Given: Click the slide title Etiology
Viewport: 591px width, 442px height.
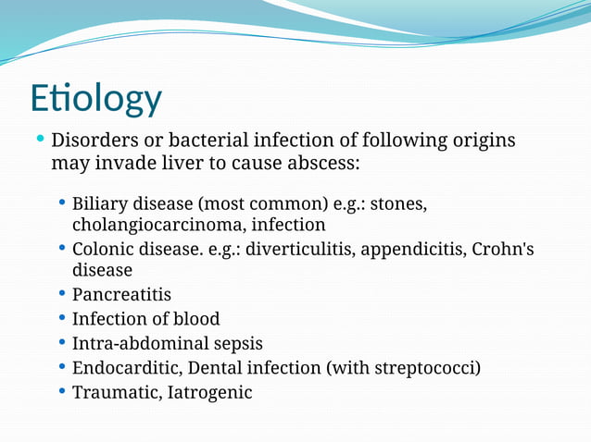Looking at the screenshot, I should tap(95, 99).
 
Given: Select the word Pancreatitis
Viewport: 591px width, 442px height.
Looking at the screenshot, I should tap(121, 295).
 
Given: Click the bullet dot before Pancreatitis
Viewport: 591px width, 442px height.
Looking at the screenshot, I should tap(62, 294).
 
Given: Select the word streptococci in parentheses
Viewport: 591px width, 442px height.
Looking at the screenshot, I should tap(426, 368).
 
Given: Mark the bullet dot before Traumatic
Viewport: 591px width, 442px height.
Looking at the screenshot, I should tap(62, 391).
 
